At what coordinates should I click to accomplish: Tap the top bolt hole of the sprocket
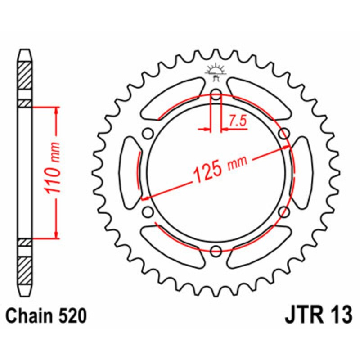tap(216, 95)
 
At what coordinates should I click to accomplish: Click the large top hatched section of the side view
tap(25, 74)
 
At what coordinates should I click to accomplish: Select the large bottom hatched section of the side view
tap(25, 270)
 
